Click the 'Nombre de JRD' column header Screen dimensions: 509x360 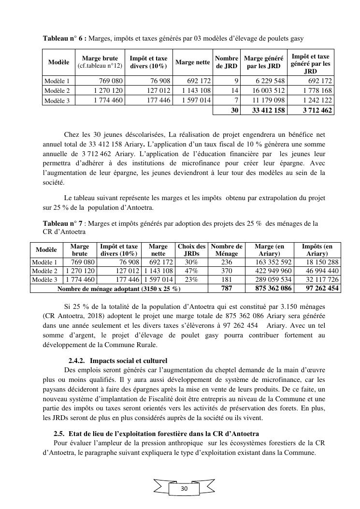(227, 62)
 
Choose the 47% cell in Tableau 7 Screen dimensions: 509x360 (191, 271)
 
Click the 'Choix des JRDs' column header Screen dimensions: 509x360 (191, 250)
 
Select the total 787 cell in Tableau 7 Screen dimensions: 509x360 (226, 289)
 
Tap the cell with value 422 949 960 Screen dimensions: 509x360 (273, 271)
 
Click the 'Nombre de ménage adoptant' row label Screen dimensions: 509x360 (118, 289)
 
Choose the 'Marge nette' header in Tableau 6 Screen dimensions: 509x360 (192, 62)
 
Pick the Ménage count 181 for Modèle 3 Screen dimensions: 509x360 (226, 280)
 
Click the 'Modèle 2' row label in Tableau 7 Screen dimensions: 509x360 (45, 271)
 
